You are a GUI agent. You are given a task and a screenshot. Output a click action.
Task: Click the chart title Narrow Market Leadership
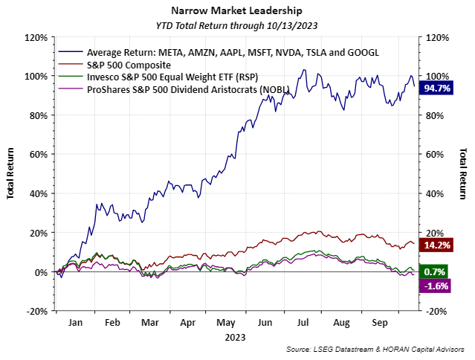pyautogui.click(x=237, y=11)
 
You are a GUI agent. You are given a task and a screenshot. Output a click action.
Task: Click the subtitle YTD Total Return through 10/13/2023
pyautogui.click(x=237, y=25)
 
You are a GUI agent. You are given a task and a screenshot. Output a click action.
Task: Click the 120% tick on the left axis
pyautogui.click(x=36, y=37)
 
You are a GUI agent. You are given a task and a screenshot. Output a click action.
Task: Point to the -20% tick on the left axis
pyautogui.click(x=38, y=311)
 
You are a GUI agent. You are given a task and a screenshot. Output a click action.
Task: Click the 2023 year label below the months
pyautogui.click(x=236, y=336)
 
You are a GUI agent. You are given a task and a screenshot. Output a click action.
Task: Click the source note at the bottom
pyautogui.click(x=376, y=349)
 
